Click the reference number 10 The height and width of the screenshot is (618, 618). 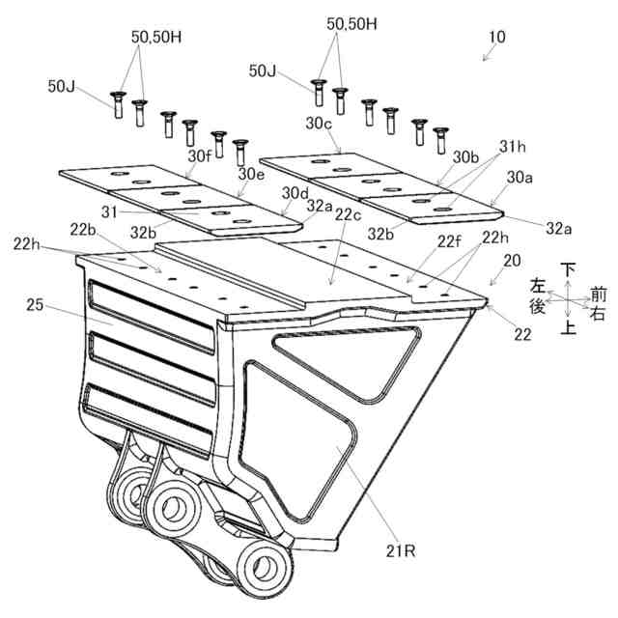point(496,38)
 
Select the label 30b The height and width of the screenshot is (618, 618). point(466,155)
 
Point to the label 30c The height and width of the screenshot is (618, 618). point(319,125)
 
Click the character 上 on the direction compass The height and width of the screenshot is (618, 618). point(570,329)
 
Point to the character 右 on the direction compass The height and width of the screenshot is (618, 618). point(600,312)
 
